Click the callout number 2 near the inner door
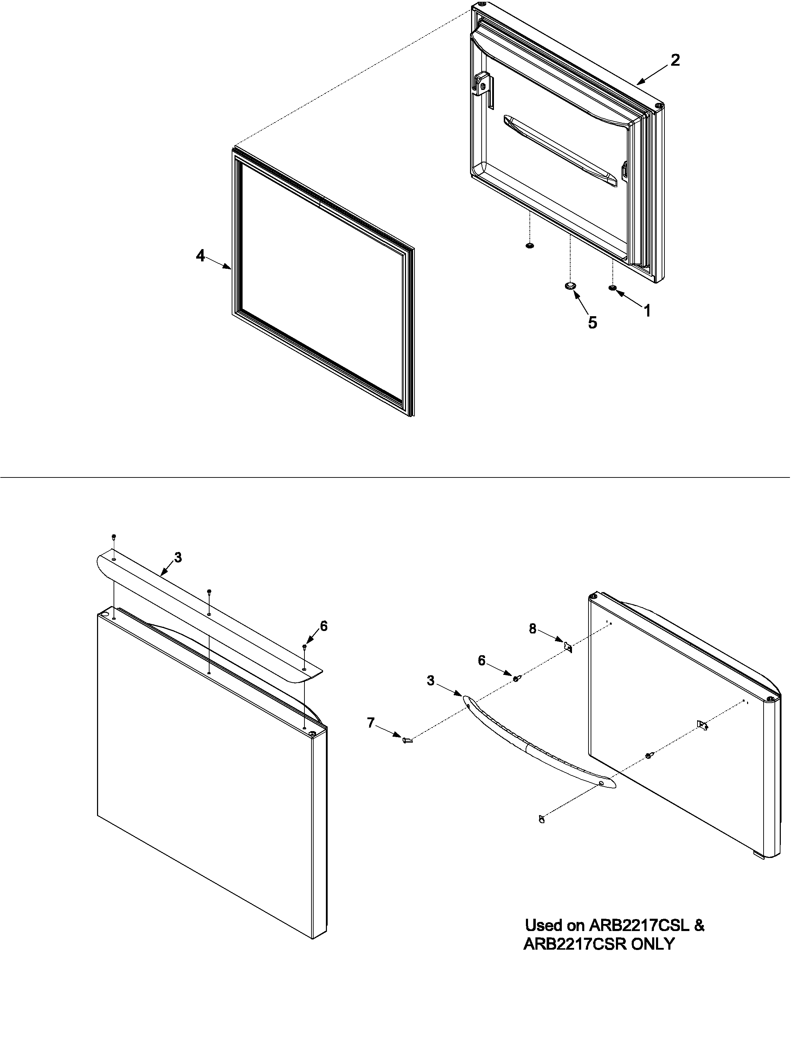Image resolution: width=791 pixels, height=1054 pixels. point(675,60)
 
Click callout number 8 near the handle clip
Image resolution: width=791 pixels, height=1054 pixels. point(533,629)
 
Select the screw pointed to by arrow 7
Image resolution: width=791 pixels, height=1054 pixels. point(407,740)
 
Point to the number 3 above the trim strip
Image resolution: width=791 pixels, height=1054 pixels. point(178,558)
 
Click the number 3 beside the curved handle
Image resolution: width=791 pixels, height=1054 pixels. point(431,681)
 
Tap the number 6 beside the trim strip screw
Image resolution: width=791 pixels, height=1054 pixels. point(324,626)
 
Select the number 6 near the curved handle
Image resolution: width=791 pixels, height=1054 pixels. point(482,661)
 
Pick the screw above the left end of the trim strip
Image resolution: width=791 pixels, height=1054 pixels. point(114,536)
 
